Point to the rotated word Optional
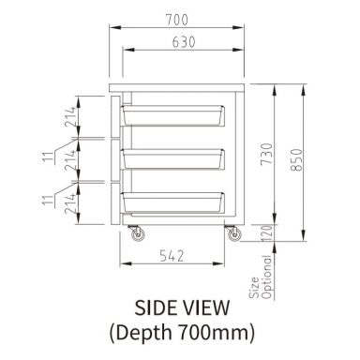tap(265, 280)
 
